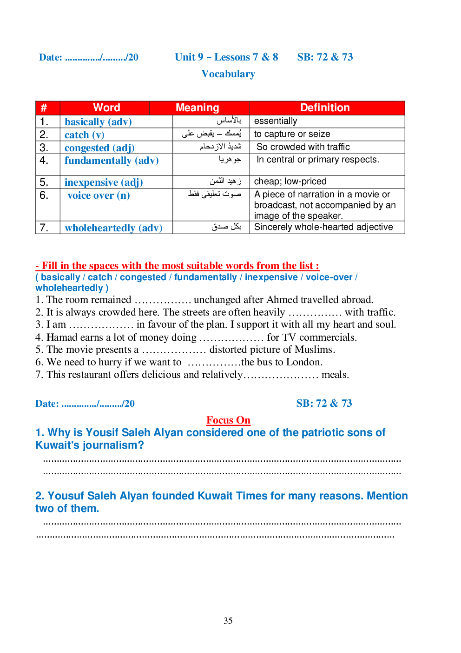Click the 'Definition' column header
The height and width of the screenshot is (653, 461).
click(325, 108)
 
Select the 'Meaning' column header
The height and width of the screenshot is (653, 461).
click(197, 108)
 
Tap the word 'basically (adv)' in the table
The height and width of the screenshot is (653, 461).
click(98, 122)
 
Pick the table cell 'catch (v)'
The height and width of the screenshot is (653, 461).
click(84, 135)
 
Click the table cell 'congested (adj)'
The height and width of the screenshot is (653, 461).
click(99, 148)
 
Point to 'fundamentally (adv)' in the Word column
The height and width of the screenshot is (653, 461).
click(112, 161)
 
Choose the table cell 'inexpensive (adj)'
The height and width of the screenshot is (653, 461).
click(104, 182)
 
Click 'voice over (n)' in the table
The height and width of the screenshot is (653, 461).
click(99, 195)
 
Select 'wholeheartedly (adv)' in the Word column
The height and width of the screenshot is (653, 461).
click(113, 228)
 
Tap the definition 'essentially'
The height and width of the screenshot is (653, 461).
click(276, 121)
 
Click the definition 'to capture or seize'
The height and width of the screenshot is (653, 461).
click(292, 134)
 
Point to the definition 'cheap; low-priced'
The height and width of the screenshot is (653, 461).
click(290, 182)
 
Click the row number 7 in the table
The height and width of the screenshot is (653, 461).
click(44, 228)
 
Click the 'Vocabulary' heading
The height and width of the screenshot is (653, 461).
click(228, 74)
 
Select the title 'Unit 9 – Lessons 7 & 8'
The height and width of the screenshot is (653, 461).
click(226, 57)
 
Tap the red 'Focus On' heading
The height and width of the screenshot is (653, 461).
click(228, 420)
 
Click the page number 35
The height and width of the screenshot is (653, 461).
click(228, 620)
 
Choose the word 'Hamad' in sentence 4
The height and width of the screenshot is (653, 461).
click(60, 337)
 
